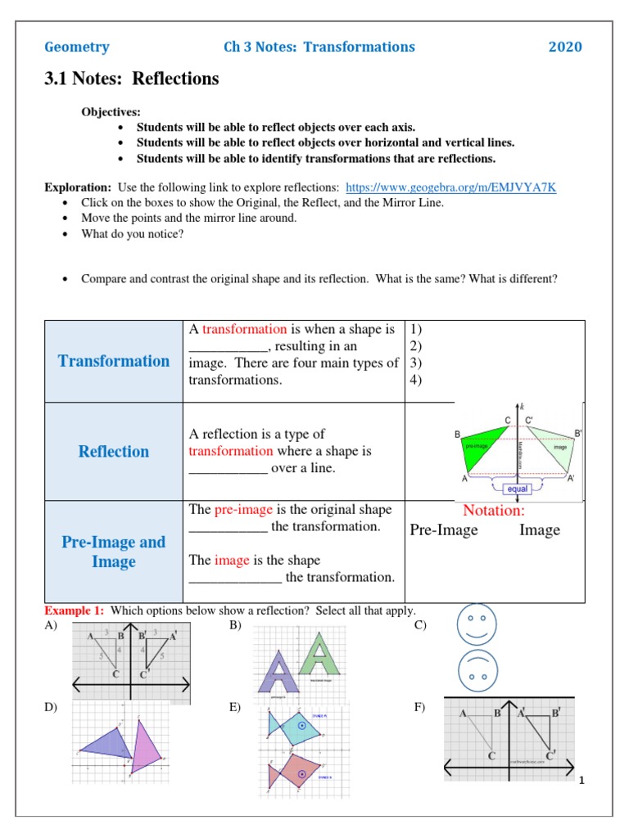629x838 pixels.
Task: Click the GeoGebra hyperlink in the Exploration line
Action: click(451, 187)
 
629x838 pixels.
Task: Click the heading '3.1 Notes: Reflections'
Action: click(132, 79)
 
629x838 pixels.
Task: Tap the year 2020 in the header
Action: click(565, 47)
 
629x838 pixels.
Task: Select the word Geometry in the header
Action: click(76, 47)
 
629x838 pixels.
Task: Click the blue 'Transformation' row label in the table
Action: click(114, 361)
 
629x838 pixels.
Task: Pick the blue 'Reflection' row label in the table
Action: click(114, 452)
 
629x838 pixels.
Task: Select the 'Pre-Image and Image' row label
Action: click(114, 552)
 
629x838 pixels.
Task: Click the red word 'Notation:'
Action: click(494, 511)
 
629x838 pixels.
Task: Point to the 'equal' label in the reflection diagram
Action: click(518, 489)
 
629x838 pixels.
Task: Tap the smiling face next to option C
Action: click(477, 624)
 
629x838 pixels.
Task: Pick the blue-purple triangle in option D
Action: click(108, 745)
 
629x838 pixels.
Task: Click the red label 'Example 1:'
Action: click(75, 611)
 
